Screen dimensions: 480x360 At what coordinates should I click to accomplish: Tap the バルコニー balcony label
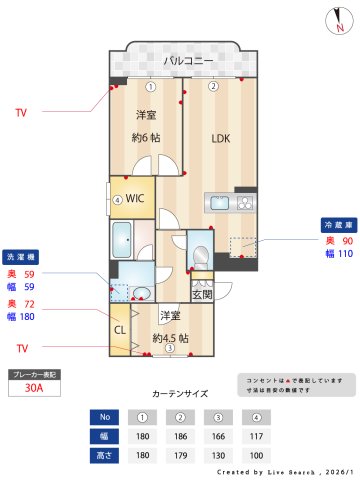point(188,62)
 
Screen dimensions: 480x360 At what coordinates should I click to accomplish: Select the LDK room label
point(222,140)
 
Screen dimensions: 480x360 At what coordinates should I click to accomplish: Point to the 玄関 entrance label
point(202,294)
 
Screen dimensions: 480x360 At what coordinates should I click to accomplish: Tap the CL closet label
point(119,329)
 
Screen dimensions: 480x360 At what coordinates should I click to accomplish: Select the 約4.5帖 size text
point(170,338)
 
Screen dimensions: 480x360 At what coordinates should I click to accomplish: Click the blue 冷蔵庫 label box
point(334,224)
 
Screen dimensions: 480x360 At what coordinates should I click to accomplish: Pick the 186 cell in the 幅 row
point(179,436)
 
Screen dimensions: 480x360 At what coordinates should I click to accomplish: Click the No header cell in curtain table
point(104,417)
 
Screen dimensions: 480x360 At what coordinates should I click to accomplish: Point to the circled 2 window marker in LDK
point(213,86)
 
